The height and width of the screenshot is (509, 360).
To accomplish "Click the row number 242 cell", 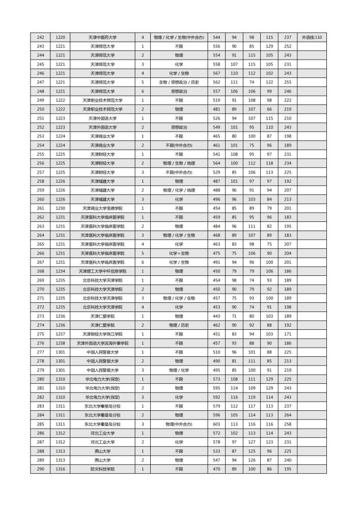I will pos(41,37).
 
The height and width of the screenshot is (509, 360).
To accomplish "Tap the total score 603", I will pos(216,424).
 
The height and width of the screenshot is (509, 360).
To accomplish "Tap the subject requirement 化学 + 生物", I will pos(179,253).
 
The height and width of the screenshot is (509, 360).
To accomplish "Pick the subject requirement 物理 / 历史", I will pos(179,325).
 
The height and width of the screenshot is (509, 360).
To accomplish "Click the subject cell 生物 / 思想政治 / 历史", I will pos(179,82).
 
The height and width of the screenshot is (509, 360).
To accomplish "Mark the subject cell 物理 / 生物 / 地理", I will pos(179,163).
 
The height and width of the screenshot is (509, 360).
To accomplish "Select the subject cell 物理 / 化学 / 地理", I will pos(179,190).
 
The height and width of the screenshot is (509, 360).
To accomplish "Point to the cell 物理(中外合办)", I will pos(179,424).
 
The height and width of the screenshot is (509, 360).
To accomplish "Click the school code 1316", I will pos(61,469).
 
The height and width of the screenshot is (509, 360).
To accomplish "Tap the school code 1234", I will pos(61,271).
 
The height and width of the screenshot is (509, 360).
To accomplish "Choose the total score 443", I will pos(216,316).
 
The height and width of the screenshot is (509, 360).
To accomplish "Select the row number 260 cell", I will pos(41,199).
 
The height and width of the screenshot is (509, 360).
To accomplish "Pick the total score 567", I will pos(216,73).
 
